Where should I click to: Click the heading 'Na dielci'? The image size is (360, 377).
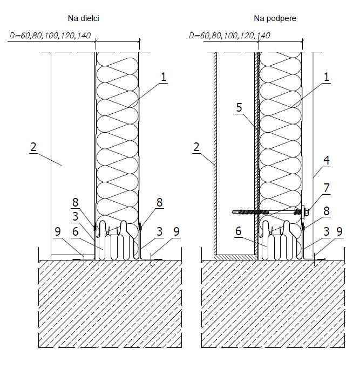coord(84,18)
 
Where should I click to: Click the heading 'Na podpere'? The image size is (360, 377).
coord(275,18)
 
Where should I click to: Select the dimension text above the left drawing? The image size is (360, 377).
coord(50,36)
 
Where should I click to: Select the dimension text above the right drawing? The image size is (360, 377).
coord(229,36)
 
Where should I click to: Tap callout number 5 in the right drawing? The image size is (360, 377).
coord(239,107)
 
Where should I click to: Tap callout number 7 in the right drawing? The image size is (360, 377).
coord(327,188)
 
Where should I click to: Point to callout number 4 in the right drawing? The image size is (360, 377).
coord(327,160)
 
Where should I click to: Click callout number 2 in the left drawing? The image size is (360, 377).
coord(33,147)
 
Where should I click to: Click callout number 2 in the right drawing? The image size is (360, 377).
coord(196,147)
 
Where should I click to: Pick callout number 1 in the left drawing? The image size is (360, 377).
coord(164,77)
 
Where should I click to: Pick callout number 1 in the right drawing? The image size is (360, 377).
coord(327,77)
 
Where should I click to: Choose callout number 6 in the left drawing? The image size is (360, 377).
coord(76,231)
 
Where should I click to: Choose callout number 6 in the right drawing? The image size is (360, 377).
coord(238,231)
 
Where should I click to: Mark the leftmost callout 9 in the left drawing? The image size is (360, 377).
coord(58,231)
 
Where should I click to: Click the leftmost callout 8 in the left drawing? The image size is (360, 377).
coord(76,202)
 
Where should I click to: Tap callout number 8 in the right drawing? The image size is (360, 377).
coord(327,211)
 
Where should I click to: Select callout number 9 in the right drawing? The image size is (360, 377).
coord(339,231)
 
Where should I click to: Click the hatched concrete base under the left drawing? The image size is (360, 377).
coord(110,304)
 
